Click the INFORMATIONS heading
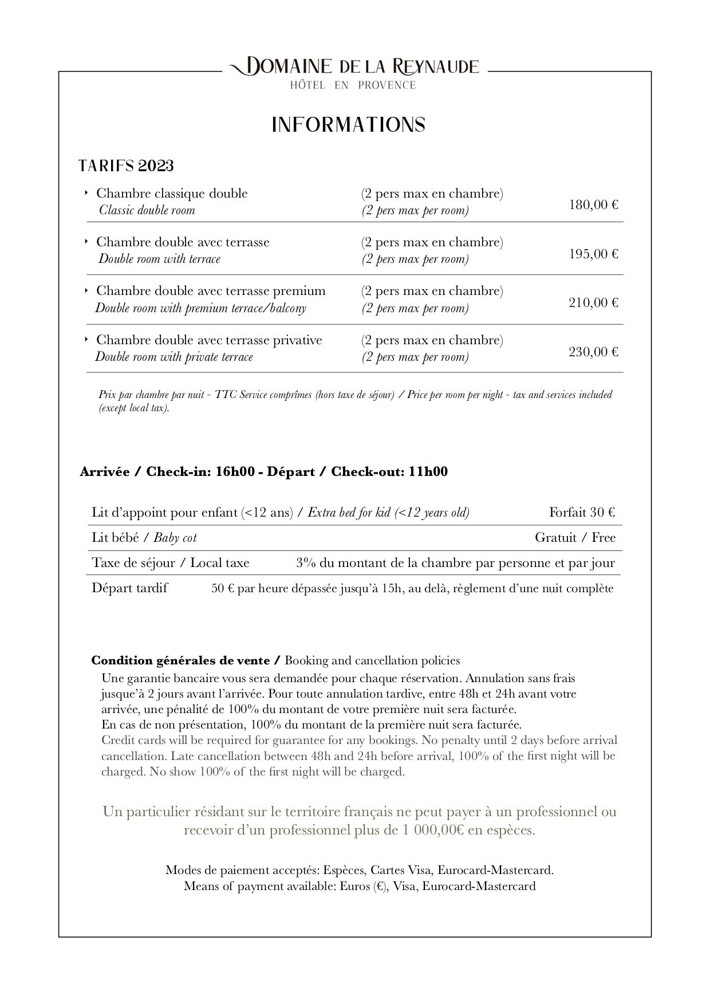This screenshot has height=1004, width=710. click(x=348, y=125)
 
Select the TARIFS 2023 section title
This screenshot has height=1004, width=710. click(x=126, y=166)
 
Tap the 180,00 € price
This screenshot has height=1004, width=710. click(x=593, y=204)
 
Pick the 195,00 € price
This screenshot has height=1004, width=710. click(x=593, y=254)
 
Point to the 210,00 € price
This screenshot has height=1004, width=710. click(x=593, y=302)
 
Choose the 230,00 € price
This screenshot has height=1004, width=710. click(x=593, y=352)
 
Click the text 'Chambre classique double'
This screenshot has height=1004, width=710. click(x=172, y=194)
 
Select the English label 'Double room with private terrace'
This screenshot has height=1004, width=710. click(x=174, y=357)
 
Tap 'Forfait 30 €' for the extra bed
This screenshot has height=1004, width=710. click(x=582, y=513)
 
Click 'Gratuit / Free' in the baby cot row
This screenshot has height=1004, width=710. click(x=575, y=538)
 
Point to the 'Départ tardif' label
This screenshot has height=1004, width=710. click(x=129, y=588)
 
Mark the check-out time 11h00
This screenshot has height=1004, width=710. click(x=428, y=472)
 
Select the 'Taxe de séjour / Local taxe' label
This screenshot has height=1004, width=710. click(x=171, y=563)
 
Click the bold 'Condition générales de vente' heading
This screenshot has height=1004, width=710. click(x=180, y=661)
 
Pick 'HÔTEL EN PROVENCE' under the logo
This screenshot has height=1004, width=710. click(x=353, y=85)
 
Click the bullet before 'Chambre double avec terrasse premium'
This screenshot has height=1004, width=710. click(x=86, y=291)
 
